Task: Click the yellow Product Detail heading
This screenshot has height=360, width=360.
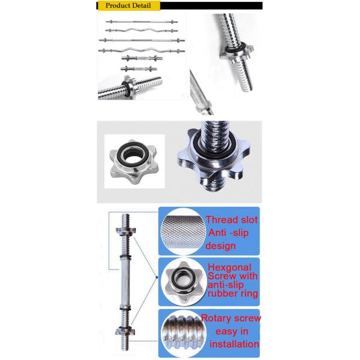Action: pos(129,5)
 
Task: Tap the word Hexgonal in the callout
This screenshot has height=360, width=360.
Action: pos(229,268)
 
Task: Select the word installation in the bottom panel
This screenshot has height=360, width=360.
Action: pos(234,344)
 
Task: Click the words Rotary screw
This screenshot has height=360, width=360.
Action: pos(231,318)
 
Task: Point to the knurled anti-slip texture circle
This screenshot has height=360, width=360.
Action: pos(183,232)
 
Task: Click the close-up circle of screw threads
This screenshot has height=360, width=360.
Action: pos(183,332)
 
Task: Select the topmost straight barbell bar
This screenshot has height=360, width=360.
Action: pos(142,22)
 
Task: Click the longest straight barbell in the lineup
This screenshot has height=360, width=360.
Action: pos(142,40)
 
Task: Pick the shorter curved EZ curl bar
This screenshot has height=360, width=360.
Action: pos(142,31)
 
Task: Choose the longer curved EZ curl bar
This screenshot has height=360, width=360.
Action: pos(142,50)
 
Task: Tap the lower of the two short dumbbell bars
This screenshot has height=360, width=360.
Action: pos(139,68)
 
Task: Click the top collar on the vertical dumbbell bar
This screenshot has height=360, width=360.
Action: pos(125,230)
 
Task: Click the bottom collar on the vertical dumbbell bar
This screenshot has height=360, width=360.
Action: pos(125,331)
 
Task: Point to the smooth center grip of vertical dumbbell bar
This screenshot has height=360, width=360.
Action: pos(125,283)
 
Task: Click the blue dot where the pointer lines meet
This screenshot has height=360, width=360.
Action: pos(157,277)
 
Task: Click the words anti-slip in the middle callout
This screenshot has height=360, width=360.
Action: pos(225,285)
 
